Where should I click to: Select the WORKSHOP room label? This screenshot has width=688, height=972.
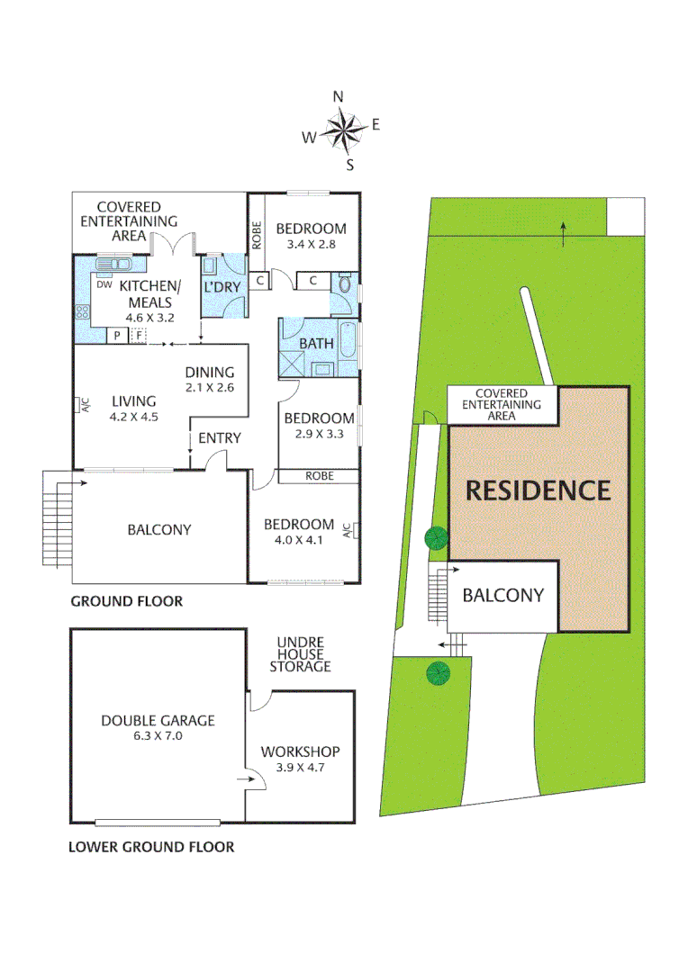pos(300,751)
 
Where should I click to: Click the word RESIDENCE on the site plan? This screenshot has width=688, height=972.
pos(538,490)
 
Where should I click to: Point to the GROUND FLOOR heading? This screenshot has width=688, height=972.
pos(126,601)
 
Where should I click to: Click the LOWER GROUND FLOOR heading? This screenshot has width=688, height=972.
pos(151,847)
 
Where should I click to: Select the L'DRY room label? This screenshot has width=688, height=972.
pos(222,287)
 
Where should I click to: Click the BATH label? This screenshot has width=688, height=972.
pos(316,343)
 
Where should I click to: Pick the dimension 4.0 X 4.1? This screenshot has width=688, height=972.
pos(299,542)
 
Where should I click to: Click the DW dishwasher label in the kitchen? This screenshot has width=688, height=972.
pos(104,284)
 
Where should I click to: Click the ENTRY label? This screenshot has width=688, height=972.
pos(220,437)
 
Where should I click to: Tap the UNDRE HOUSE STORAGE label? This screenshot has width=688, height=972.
pos(303,652)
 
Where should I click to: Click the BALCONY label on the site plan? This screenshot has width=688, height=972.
pos(503,595)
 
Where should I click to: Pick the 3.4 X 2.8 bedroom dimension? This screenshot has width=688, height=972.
pos(311,244)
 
